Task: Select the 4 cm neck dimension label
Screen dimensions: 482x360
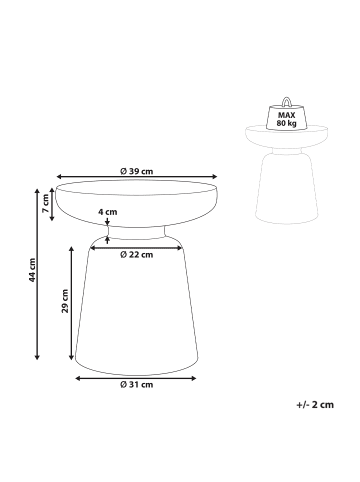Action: (x=108, y=212)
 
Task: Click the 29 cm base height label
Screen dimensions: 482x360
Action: (x=64, y=302)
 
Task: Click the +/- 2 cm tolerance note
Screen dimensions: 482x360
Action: (x=315, y=404)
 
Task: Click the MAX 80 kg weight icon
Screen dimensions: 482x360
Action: (x=286, y=119)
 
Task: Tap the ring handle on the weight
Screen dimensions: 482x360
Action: (x=286, y=102)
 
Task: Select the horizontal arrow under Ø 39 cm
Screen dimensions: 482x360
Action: (x=135, y=180)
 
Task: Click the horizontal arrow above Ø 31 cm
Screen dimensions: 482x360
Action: (x=136, y=377)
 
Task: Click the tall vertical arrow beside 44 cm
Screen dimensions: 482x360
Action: (x=38, y=272)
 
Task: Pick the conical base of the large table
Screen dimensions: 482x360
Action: (x=136, y=310)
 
